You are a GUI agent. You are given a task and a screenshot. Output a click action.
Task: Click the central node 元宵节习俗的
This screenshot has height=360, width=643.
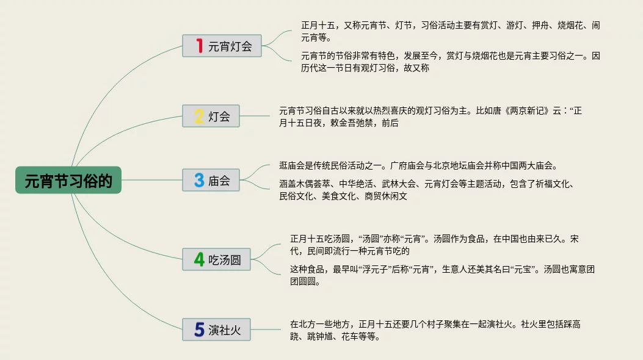(68, 181)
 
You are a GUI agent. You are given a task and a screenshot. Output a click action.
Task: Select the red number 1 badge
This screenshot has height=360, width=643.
(199, 46)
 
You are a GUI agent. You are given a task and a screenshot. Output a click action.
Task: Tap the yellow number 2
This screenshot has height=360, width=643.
(199, 116)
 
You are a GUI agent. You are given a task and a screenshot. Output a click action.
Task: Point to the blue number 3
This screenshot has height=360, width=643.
(199, 181)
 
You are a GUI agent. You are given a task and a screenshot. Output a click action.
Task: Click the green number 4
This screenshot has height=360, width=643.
(199, 259)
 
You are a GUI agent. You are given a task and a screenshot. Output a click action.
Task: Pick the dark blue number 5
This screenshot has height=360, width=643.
(199, 330)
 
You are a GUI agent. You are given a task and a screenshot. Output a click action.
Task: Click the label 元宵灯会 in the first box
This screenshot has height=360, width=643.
(230, 46)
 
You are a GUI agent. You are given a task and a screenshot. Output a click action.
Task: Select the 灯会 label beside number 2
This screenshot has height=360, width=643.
(219, 117)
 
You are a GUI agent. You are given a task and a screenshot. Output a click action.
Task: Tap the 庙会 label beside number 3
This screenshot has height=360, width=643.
(219, 181)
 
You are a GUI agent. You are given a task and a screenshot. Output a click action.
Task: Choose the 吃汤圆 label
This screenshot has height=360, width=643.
(225, 260)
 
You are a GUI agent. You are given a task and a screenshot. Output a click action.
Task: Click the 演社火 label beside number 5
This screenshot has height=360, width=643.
(225, 331)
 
